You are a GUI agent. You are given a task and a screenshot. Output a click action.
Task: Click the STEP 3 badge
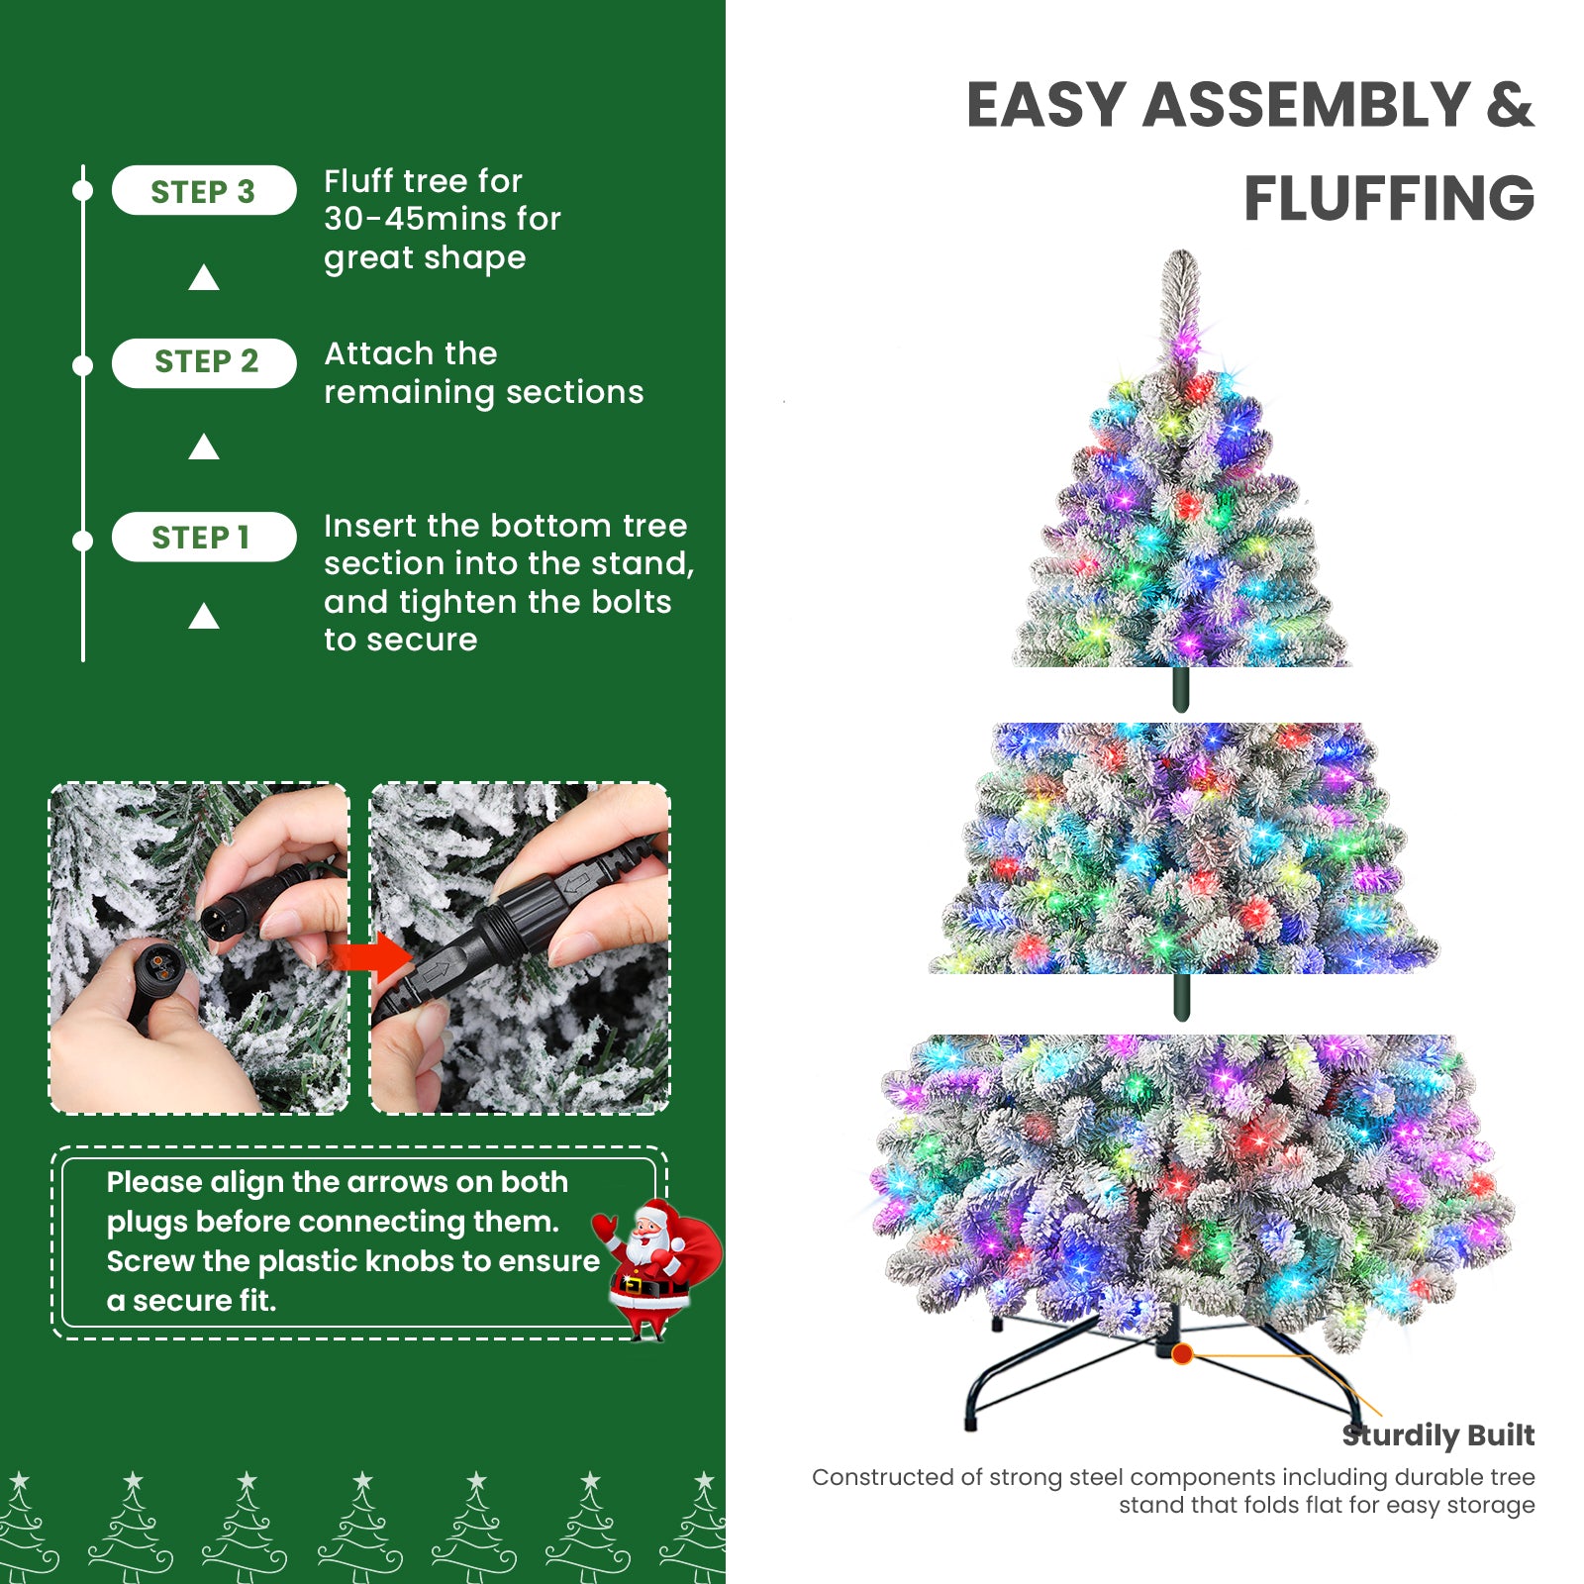tap(203, 191)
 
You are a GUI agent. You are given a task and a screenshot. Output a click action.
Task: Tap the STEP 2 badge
tap(204, 362)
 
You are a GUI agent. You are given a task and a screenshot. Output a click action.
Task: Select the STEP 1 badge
tap(203, 538)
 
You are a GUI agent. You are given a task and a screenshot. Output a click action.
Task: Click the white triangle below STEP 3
tap(204, 278)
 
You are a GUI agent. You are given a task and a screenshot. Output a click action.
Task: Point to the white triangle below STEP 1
tap(204, 617)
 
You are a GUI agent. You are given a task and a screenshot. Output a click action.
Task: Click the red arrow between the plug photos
tap(371, 957)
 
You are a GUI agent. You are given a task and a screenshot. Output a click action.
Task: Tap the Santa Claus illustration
tap(653, 1267)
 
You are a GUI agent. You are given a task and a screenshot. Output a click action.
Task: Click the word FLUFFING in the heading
tap(1388, 198)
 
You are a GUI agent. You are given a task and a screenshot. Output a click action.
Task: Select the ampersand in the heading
tap(1509, 105)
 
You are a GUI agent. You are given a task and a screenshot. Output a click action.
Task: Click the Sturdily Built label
tap(1437, 1435)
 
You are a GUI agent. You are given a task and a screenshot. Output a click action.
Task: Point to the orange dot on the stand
tap(1181, 1353)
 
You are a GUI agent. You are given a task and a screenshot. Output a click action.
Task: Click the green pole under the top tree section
tap(1180, 689)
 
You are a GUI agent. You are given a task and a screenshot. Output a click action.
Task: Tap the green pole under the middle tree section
tap(1180, 996)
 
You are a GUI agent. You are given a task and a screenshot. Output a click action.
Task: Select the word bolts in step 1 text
tap(631, 602)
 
